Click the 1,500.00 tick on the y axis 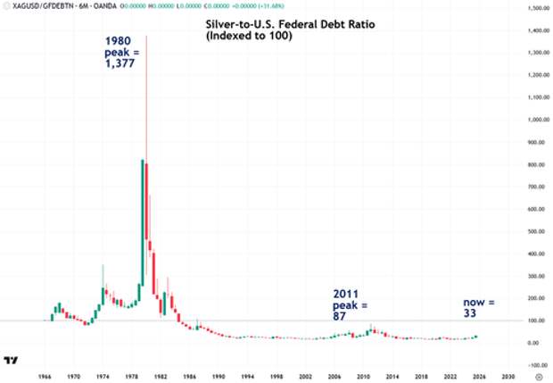(x=537, y=9)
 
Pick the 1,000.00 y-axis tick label (x=537, y=120)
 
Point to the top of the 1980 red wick (x=146, y=37)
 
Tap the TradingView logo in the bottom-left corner (x=12, y=360)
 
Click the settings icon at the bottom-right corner (x=536, y=376)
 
